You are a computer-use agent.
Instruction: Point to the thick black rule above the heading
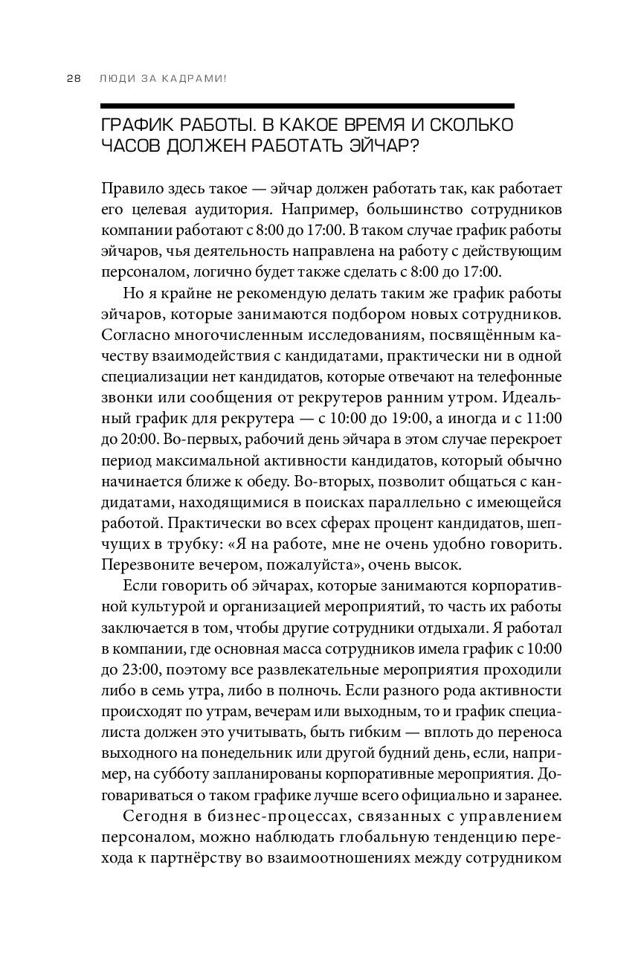point(307,106)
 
